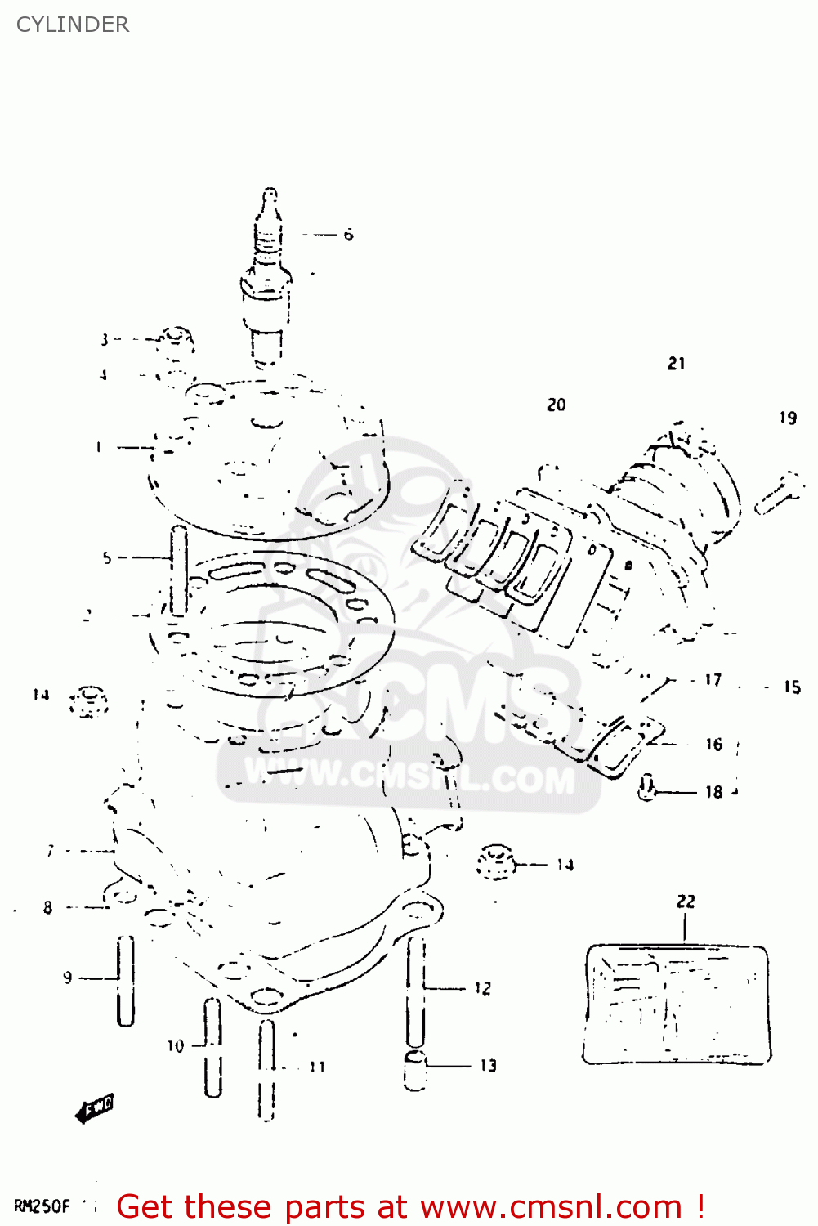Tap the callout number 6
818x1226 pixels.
click(x=348, y=235)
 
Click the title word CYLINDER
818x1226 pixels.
click(x=73, y=25)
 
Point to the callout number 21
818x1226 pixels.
click(x=677, y=363)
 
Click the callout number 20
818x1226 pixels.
click(x=557, y=405)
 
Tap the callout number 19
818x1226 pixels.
click(x=788, y=418)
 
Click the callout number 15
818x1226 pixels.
click(x=792, y=687)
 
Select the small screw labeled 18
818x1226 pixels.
click(x=647, y=789)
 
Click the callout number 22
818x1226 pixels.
click(x=686, y=901)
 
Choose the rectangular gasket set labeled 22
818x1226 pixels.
click(x=677, y=1005)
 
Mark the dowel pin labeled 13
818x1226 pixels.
click(x=415, y=1071)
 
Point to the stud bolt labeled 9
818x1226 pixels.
click(x=125, y=979)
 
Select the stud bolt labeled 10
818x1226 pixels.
click(x=212, y=1046)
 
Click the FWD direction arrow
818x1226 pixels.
click(x=95, y=1108)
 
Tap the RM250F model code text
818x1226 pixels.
click(x=42, y=1206)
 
